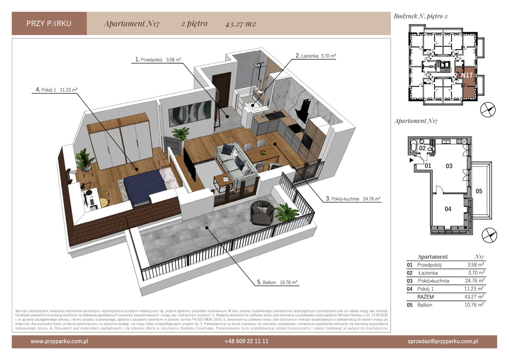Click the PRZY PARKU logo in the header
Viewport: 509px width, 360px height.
[49, 24]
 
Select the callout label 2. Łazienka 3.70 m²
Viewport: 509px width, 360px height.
[316, 56]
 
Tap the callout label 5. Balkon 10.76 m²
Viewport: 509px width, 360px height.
[277, 282]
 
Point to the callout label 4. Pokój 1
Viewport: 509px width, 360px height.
[46, 89]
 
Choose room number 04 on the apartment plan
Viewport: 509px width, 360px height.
[448, 209]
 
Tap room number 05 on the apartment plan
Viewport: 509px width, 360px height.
[479, 191]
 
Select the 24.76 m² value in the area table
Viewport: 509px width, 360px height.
[475, 281]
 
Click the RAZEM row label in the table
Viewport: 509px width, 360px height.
[425, 297]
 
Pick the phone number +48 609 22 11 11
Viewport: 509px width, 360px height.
[246, 341]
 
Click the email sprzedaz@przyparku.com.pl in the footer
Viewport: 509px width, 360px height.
[443, 341]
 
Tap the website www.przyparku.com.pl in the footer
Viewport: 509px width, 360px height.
[59, 341]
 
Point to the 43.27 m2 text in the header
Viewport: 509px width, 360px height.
[241, 24]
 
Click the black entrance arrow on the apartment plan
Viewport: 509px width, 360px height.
[411, 160]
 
